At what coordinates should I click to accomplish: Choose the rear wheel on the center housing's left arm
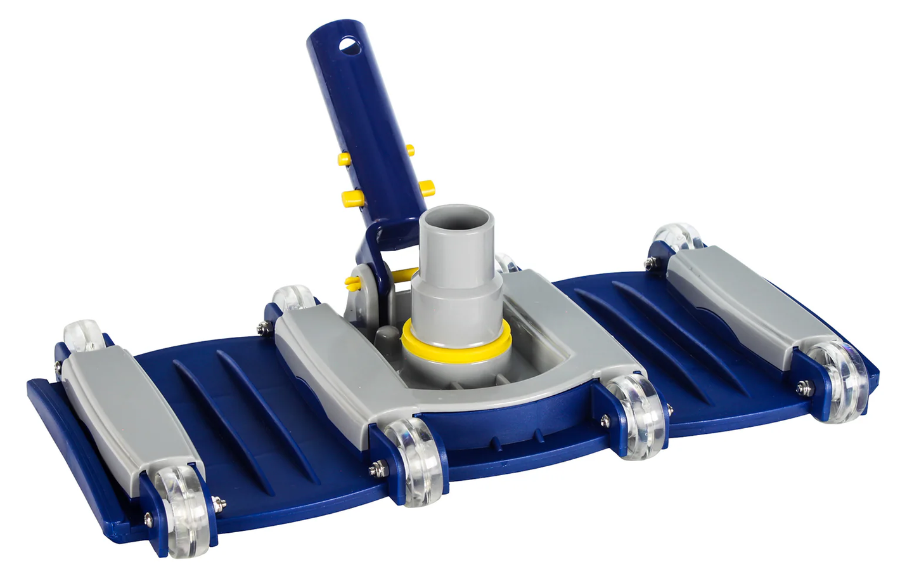(x=292, y=299)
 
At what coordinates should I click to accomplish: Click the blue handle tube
(x=364, y=127)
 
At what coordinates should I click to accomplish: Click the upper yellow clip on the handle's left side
(x=345, y=157)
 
